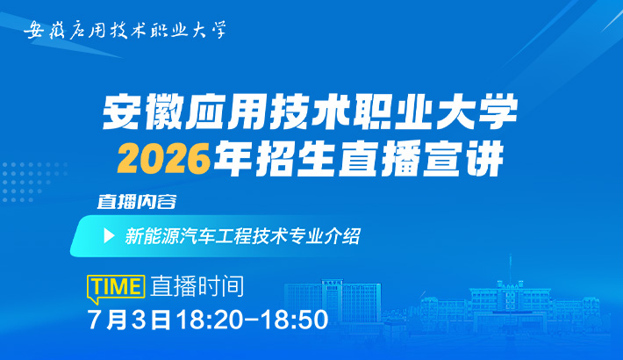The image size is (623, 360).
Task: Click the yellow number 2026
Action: click(x=163, y=159)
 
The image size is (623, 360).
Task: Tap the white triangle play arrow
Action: click(x=109, y=236)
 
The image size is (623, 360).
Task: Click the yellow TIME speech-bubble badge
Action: click(x=116, y=288)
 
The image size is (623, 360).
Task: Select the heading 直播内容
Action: click(x=137, y=202)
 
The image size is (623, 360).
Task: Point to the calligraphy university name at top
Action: click(x=125, y=30)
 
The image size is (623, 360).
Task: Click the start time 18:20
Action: click(x=210, y=319)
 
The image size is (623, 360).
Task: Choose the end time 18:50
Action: click(x=295, y=319)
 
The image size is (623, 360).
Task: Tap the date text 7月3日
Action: click(x=129, y=319)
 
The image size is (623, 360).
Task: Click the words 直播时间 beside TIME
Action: click(x=197, y=286)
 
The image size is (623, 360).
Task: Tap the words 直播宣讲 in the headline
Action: click(x=420, y=159)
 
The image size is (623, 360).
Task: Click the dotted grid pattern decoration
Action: click(x=34, y=182)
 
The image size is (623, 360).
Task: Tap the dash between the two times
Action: click(x=252, y=320)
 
